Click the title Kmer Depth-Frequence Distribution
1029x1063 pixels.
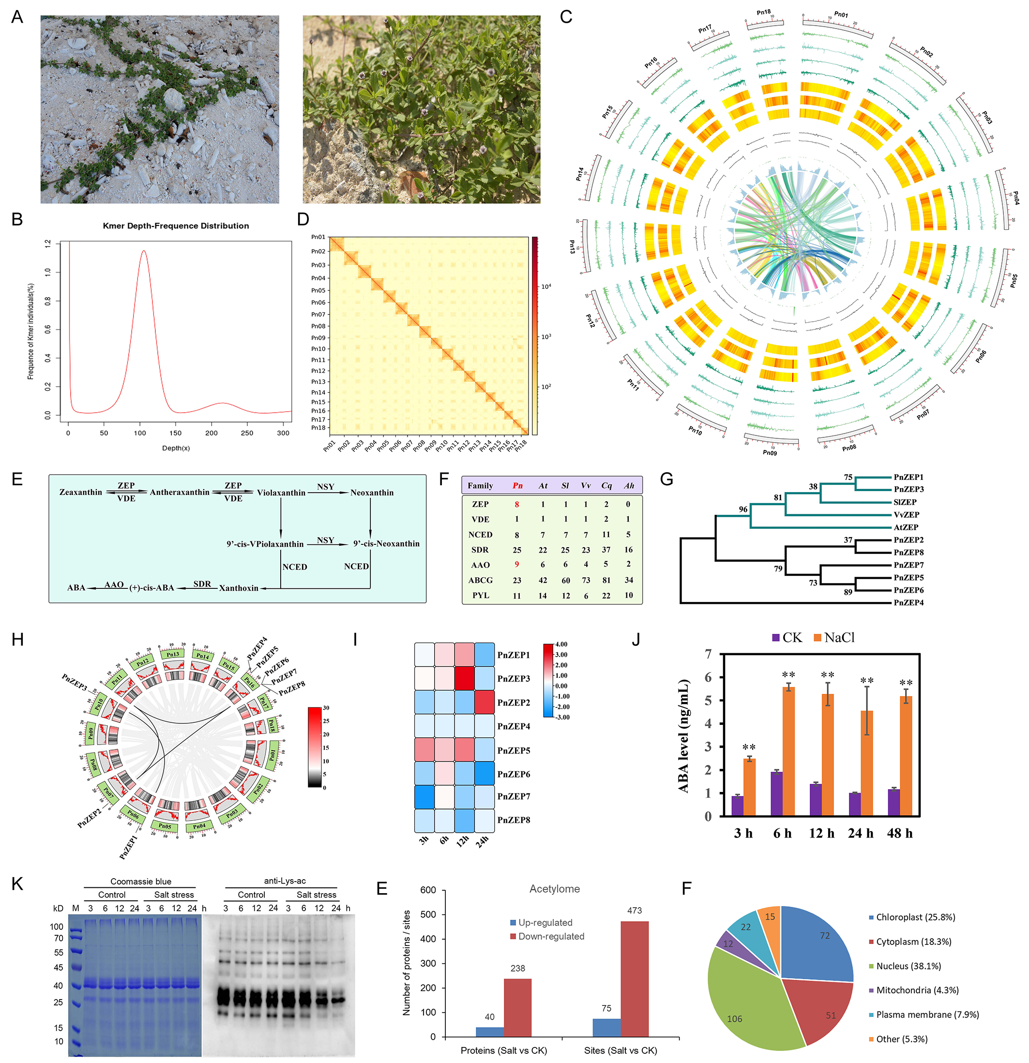coord(176,225)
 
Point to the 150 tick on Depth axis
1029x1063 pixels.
coord(176,433)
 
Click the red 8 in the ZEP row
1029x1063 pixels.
coord(517,504)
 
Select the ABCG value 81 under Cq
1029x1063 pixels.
coord(606,580)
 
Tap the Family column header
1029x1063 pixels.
coord(480,486)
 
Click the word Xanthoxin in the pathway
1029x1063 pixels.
coord(239,588)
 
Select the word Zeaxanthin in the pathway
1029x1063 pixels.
coord(81,493)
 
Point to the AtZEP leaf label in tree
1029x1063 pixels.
coord(906,527)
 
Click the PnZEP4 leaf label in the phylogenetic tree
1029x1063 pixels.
coord(908,602)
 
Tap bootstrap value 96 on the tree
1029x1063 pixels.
coord(742,509)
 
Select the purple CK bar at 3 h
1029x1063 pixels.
coord(737,806)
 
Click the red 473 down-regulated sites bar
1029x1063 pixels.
coord(634,979)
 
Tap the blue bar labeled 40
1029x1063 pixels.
coord(490,1032)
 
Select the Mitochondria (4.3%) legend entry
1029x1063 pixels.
coord(917,990)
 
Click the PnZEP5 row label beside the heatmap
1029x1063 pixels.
coord(514,750)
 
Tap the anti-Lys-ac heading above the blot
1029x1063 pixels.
coord(285,881)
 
